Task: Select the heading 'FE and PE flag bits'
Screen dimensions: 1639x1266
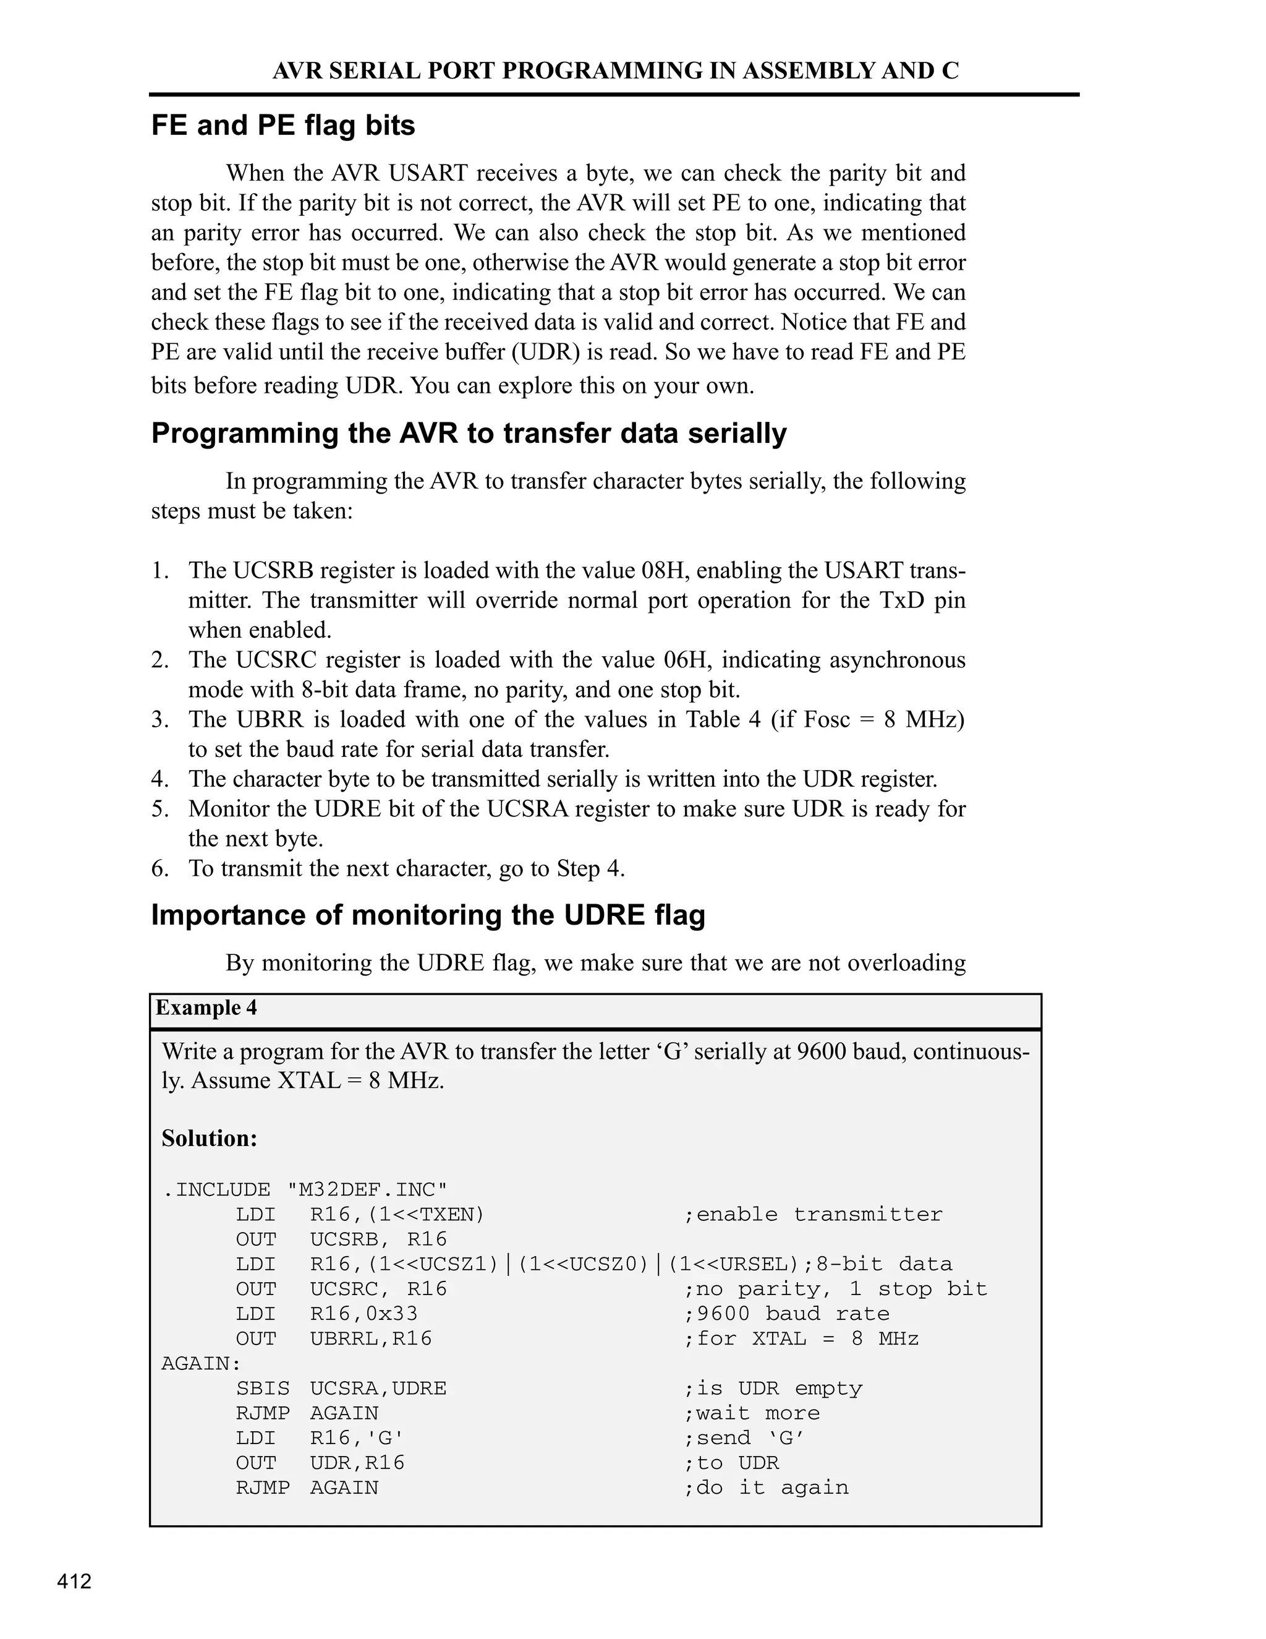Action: point(283,126)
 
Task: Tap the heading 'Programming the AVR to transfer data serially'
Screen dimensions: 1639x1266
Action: point(469,434)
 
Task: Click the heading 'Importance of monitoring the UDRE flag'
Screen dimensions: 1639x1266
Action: point(428,915)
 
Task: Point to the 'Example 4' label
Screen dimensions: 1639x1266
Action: point(206,1008)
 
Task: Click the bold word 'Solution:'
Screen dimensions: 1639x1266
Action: point(210,1139)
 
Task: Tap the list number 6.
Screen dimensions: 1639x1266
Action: point(159,868)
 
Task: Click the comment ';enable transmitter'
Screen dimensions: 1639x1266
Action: point(813,1214)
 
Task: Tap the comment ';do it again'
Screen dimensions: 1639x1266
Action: point(766,1487)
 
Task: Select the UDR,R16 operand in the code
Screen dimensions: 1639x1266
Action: point(357,1463)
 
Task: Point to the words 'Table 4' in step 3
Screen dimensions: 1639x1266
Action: point(723,720)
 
